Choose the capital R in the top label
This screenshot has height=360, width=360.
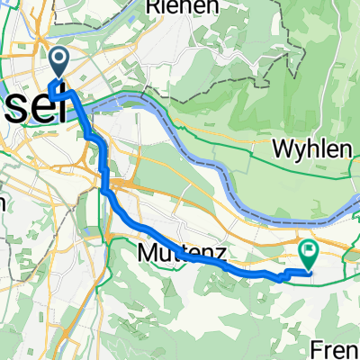(148, 7)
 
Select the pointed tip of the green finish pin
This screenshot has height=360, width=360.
(308, 270)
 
